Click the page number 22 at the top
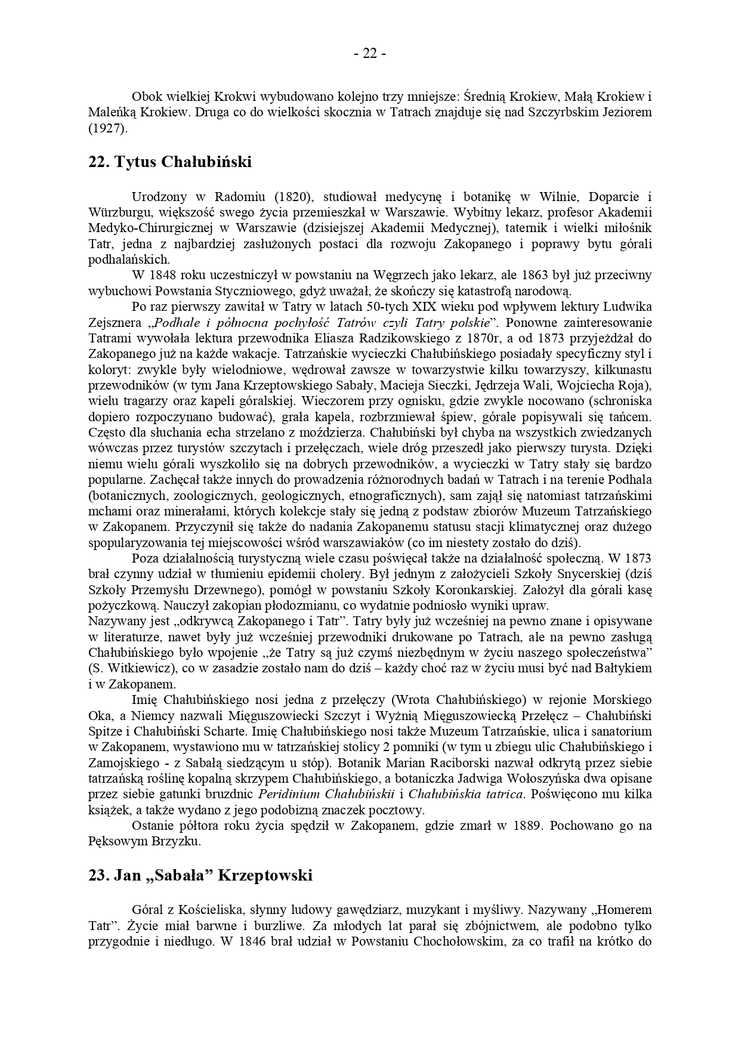pyautogui.click(x=370, y=54)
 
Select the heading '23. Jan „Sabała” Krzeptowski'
pyautogui.click(x=200, y=876)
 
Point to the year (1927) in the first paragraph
pyautogui.click(x=108, y=128)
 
